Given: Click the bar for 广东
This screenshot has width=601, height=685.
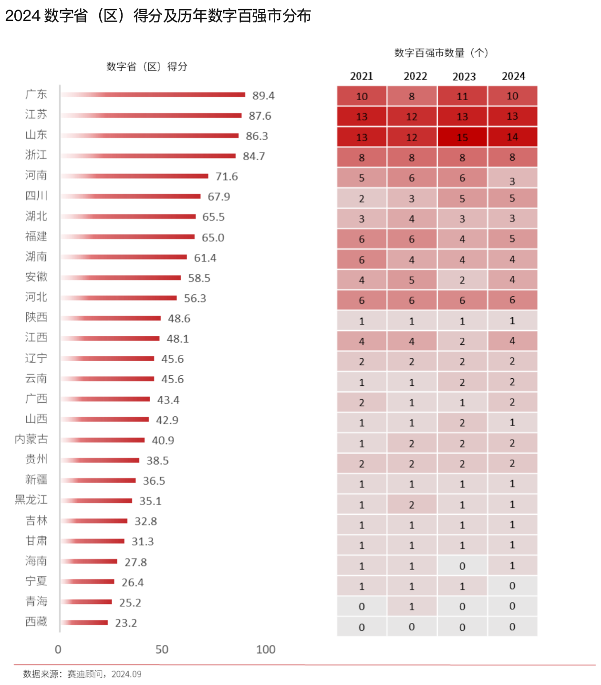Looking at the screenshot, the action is pyautogui.click(x=153, y=94).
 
